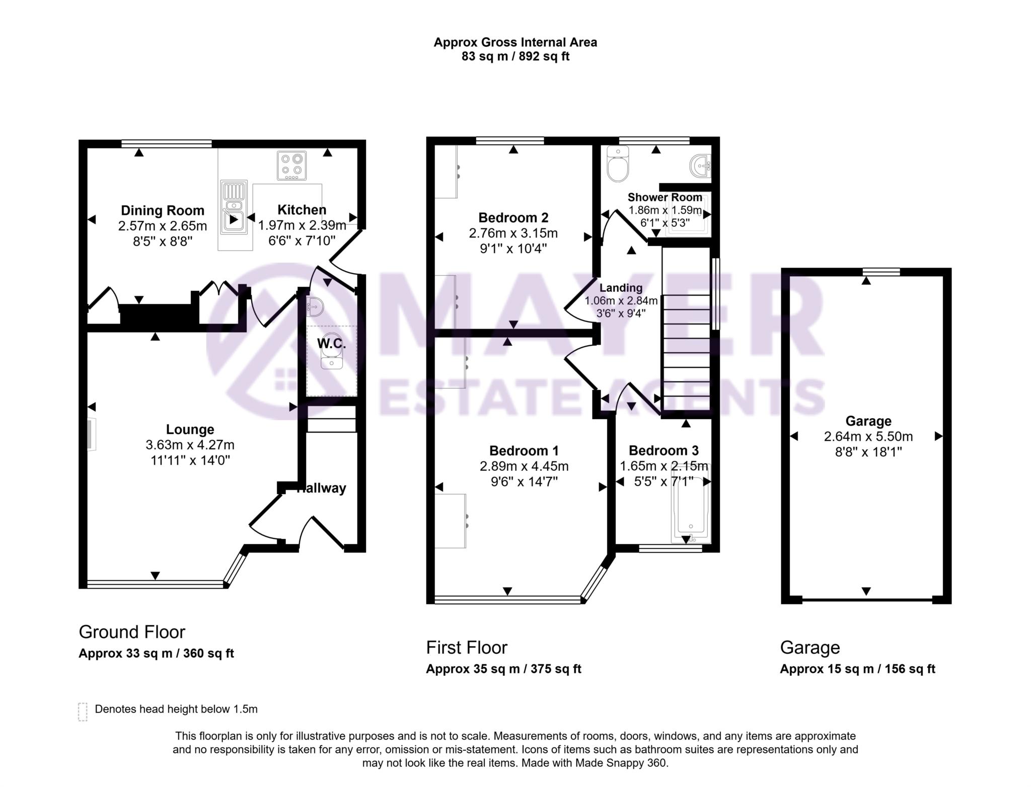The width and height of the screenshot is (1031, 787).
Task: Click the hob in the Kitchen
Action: click(x=291, y=166)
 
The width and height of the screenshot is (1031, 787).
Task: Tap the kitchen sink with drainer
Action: click(x=234, y=207)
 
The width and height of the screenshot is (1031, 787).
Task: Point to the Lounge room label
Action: click(x=190, y=429)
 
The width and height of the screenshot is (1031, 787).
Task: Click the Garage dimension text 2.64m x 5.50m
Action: click(x=868, y=436)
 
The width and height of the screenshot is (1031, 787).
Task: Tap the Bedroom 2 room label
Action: click(x=513, y=217)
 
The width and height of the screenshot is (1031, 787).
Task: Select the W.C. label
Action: click(x=331, y=344)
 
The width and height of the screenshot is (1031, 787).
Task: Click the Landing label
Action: click(x=621, y=288)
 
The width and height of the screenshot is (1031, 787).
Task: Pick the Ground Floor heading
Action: click(x=132, y=632)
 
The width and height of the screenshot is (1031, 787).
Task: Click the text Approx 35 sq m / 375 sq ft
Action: click(x=503, y=669)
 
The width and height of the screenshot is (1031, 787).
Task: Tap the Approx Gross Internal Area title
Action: click(x=515, y=42)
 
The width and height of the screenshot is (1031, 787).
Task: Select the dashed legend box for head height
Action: click(x=83, y=712)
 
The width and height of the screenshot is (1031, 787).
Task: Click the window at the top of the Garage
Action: click(x=881, y=272)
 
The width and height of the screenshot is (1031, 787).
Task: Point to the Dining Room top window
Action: click(x=166, y=144)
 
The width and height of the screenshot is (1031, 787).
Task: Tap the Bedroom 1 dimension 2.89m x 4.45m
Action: click(x=524, y=466)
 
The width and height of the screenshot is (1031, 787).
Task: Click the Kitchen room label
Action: click(x=302, y=209)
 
